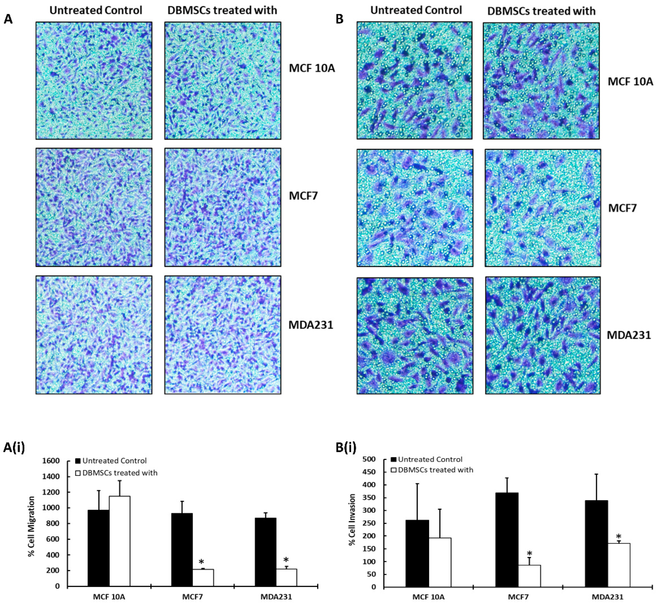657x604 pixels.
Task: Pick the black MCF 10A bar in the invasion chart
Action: pos(417,553)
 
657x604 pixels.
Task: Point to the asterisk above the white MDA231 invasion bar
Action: pos(618,537)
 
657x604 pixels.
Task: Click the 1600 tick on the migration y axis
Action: pos(53,461)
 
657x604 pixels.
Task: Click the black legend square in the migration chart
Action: pos(78,461)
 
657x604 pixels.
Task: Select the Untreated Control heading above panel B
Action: pos(416,10)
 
